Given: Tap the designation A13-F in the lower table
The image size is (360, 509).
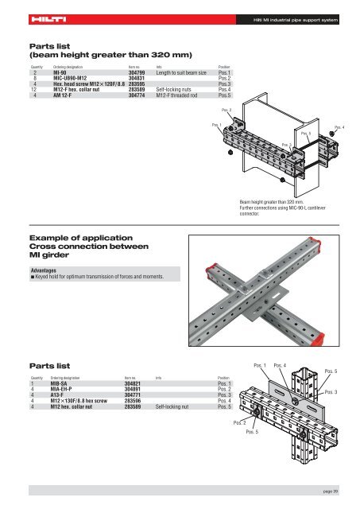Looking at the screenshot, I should coord(60,394).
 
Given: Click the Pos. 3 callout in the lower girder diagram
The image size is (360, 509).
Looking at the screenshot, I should coord(331,392).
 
